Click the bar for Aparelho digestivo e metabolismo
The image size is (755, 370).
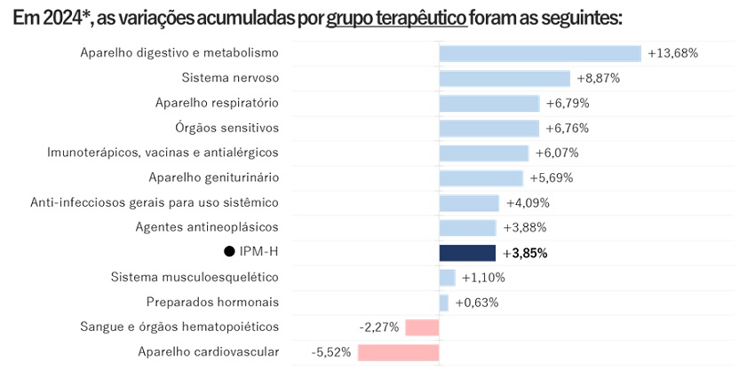(540, 53)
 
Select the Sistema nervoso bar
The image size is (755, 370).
(505, 78)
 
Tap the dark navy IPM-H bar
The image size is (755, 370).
(467, 253)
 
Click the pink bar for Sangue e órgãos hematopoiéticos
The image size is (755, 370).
(422, 327)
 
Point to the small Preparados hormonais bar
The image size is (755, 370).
(443, 303)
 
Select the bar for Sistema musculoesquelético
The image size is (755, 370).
(447, 278)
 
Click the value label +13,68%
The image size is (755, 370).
(672, 53)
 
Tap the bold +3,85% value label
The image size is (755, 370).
(524, 253)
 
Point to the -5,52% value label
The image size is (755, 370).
(331, 352)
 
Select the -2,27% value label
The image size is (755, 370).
(379, 327)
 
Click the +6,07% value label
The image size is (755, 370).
(558, 153)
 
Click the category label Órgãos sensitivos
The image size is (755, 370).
(226, 128)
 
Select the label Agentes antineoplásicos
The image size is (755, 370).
(207, 227)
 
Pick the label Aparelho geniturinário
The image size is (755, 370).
(213, 177)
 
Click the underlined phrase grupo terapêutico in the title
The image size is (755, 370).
(396, 19)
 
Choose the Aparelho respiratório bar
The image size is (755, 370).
(489, 103)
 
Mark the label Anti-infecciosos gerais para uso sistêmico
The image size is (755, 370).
(155, 202)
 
